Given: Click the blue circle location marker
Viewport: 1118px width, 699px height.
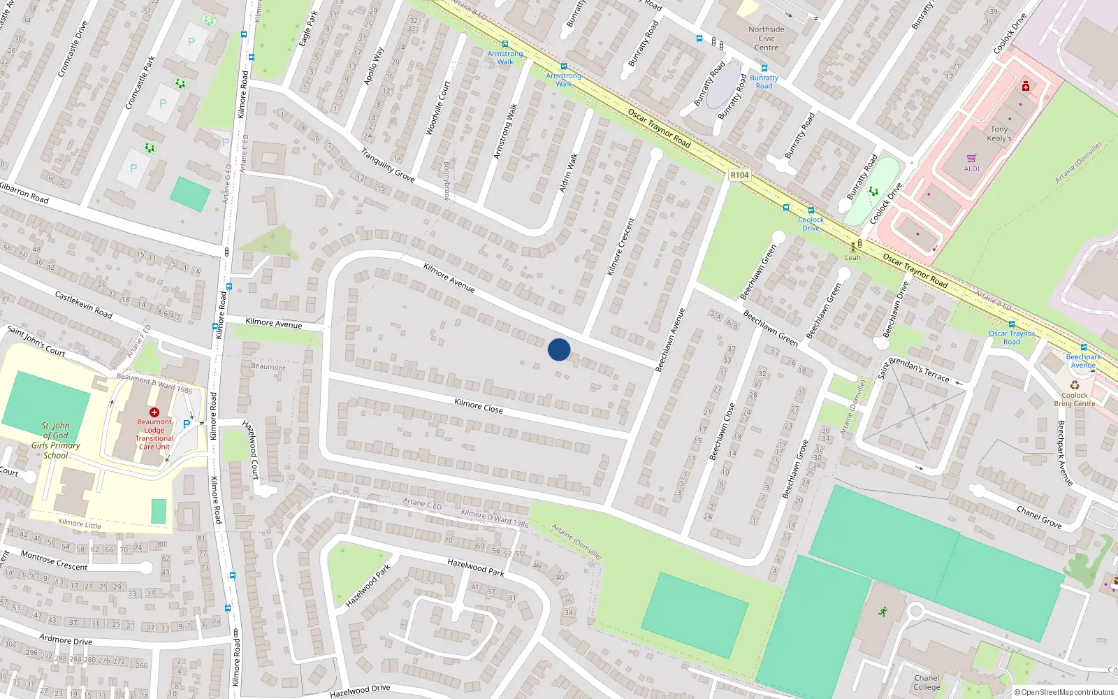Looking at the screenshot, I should [x=559, y=349].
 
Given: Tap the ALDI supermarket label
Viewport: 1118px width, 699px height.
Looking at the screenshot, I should [x=972, y=168].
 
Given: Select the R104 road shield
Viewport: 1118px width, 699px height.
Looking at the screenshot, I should [x=739, y=175].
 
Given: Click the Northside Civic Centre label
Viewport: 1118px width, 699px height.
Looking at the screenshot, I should [x=767, y=38].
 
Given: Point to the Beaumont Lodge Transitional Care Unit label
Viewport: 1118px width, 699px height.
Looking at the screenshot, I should [x=154, y=434].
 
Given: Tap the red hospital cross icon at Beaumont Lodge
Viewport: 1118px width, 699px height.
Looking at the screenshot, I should [x=154, y=412].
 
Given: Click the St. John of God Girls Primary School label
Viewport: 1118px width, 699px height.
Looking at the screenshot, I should [x=56, y=440].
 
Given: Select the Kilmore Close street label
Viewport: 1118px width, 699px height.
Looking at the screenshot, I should [x=479, y=406].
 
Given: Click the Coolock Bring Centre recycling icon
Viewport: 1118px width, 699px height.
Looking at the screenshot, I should [x=1075, y=385].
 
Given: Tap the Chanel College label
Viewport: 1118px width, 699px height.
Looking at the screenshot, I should [x=927, y=682].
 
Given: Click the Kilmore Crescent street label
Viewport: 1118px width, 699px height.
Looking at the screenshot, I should [x=620, y=247].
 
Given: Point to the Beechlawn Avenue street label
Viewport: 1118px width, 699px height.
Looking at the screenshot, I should [x=670, y=340].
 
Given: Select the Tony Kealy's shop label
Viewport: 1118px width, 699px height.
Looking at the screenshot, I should [x=999, y=134].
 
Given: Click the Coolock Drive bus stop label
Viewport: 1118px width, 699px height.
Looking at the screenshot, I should [x=811, y=224].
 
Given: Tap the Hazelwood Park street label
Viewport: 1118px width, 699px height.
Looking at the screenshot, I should [x=476, y=566].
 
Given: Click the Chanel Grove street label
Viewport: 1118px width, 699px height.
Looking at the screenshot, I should [x=1039, y=517].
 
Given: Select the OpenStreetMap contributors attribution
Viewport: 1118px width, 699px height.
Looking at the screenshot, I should [x=1063, y=693].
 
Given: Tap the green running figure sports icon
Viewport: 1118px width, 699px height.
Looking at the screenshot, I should [x=883, y=612].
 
